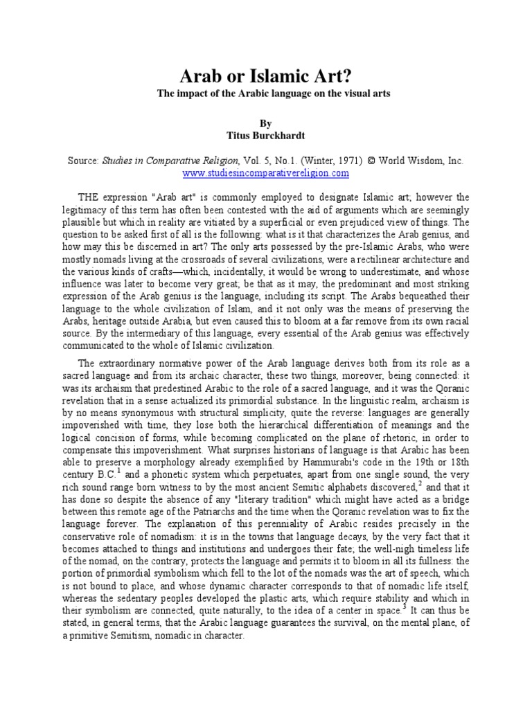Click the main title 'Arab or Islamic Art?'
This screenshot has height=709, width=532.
265,74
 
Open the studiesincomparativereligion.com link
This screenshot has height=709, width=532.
265,173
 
